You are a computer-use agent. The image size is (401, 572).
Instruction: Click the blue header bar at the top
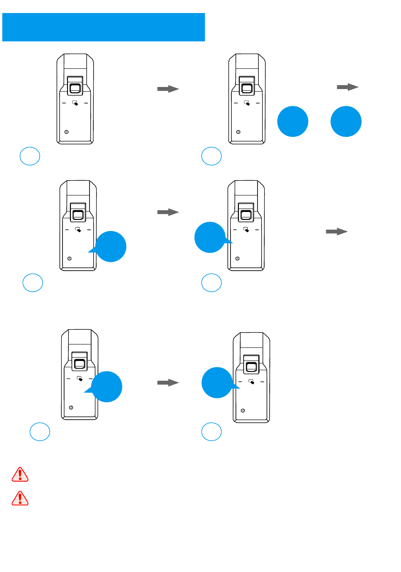pyautogui.click(x=103, y=27)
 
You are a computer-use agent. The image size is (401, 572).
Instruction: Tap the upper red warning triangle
pyautogui.click(x=20, y=475)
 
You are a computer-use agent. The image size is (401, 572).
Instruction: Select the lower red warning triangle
pyautogui.click(x=20, y=499)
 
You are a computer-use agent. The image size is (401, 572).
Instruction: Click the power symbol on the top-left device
pyautogui.click(x=66, y=132)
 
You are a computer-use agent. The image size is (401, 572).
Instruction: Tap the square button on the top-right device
pyautogui.click(x=247, y=89)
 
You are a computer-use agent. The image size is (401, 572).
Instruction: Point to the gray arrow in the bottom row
pyautogui.click(x=168, y=382)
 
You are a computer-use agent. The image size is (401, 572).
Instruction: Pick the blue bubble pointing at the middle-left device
pyautogui.click(x=111, y=247)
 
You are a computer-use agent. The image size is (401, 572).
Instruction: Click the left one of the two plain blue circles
pyautogui.click(x=293, y=122)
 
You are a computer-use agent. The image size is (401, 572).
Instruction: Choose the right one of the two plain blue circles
pyautogui.click(x=346, y=122)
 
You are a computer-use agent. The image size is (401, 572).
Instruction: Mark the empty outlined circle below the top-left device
pyautogui.click(x=30, y=156)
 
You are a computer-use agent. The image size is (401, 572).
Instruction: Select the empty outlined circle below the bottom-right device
pyautogui.click(x=211, y=431)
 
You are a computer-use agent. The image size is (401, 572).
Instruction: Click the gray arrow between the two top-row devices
pyautogui.click(x=168, y=89)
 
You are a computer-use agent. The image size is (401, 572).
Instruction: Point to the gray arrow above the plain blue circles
pyautogui.click(x=347, y=87)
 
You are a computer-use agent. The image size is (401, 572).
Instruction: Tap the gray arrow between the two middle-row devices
pyautogui.click(x=168, y=212)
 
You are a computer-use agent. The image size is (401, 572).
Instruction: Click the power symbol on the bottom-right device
pyautogui.click(x=243, y=410)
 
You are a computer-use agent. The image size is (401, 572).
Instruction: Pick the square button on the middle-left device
pyautogui.click(x=78, y=215)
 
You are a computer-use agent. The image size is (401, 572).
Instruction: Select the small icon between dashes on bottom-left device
pyautogui.click(x=80, y=379)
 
